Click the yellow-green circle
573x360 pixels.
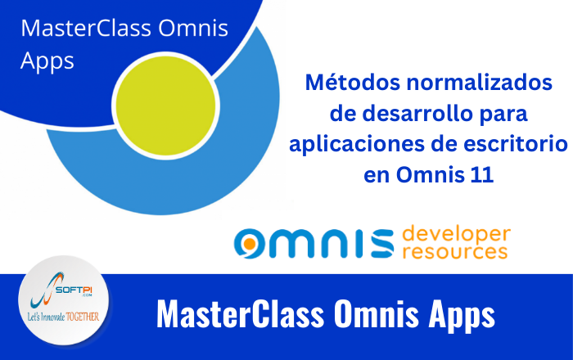(166, 106)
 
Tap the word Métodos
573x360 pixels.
(353, 82)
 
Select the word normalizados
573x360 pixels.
(480, 82)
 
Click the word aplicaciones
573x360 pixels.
(357, 145)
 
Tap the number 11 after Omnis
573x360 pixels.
(482, 175)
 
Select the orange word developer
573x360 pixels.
(457, 234)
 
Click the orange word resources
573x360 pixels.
(455, 251)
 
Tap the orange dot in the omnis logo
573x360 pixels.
(250, 243)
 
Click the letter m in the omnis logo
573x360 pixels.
(290, 244)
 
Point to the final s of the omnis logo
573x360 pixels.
(382, 244)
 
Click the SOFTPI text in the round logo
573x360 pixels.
(74, 290)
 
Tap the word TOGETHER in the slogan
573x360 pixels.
(83, 317)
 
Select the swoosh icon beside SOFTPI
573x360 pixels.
(44, 290)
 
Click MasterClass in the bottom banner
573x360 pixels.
(241, 314)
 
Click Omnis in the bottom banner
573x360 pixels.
(377, 314)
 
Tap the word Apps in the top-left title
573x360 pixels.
(47, 61)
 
